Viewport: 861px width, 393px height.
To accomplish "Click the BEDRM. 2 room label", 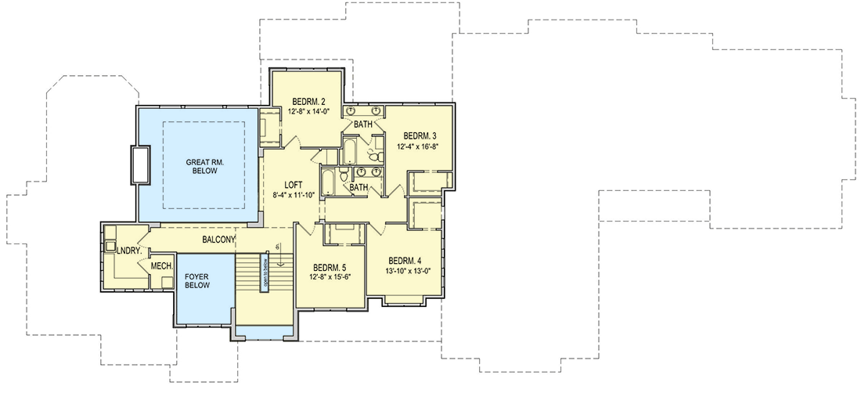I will pos(309,101).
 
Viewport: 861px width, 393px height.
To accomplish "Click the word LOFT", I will pos(294,186).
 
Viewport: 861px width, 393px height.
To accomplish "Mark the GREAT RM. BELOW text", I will pos(205,168).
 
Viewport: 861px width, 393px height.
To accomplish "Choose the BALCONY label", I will pos(218,240).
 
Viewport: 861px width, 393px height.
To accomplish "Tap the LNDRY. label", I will pos(128,251).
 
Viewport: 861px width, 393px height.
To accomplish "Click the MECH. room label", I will pos(161,267).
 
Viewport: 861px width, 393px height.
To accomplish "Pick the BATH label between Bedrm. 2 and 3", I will pos(363,124).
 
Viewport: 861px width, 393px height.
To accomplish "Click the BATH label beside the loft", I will pos(358,188).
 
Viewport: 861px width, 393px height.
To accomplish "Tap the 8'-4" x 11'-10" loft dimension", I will pos(294,196).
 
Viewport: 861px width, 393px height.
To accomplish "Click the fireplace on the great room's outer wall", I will pos(142,165).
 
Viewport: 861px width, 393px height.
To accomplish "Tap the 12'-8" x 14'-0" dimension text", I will pos(309,111).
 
